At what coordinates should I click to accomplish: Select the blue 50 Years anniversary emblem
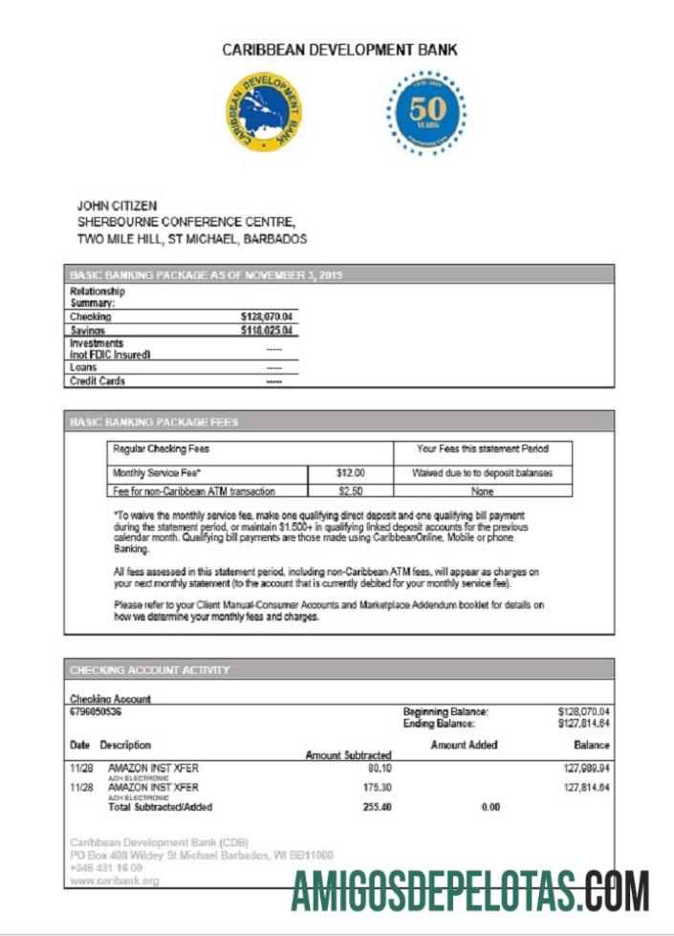click(426, 113)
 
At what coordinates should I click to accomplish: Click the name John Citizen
click(118, 206)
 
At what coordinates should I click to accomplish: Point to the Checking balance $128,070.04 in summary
click(267, 316)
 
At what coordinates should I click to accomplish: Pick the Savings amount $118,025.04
click(267, 331)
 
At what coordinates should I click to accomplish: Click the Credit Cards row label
click(98, 381)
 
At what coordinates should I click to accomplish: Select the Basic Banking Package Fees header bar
click(339, 422)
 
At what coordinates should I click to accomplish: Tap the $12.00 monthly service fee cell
click(350, 472)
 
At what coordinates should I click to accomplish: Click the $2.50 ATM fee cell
click(350, 490)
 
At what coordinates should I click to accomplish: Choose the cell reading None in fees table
click(481, 490)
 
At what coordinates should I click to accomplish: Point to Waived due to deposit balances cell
click(481, 472)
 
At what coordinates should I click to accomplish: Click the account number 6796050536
click(96, 712)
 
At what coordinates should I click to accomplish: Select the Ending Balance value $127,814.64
click(583, 725)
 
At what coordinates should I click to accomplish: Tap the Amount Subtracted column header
click(348, 755)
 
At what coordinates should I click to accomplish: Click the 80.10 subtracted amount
click(380, 768)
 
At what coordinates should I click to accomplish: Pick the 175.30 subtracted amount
click(378, 788)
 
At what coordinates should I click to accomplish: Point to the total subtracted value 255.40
click(378, 807)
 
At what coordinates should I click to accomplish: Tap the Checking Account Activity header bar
click(339, 670)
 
